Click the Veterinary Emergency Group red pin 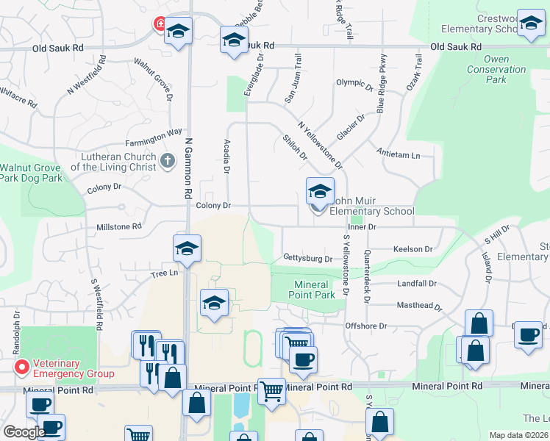pos(22,366)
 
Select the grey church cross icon pos(167,160)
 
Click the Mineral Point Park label pos(314,290)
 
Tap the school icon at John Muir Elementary pos(320,192)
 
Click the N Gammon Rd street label pos(189,166)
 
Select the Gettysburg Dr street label pos(307,258)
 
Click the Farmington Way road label pos(153,132)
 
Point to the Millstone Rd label pos(118,227)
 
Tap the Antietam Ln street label pos(398,155)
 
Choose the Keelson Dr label pos(413,249)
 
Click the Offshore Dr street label pos(365,326)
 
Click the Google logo pos(24,432)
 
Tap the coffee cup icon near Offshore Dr pos(303,359)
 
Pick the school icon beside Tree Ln pos(187,248)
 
